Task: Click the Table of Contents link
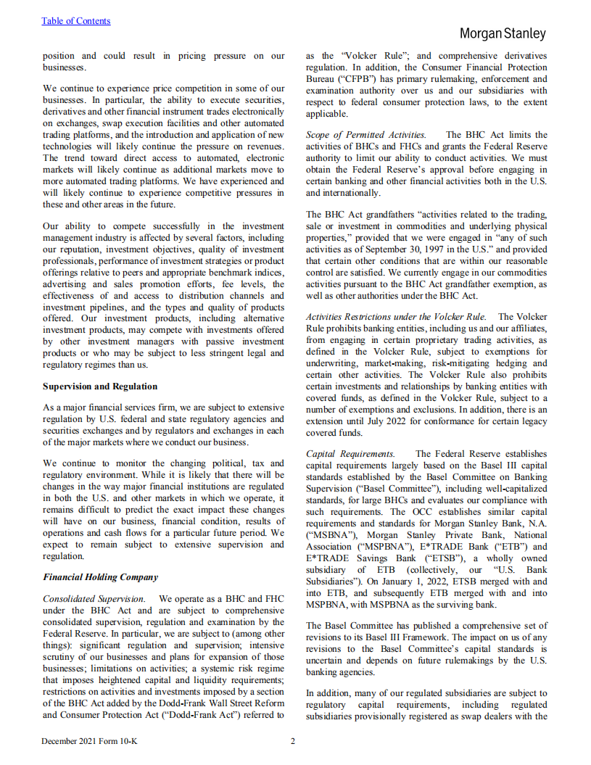tap(76, 21)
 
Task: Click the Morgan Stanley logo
tap(503, 34)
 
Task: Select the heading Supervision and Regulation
tap(100, 386)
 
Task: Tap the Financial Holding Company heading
tap(100, 577)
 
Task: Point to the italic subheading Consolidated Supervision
tap(94, 599)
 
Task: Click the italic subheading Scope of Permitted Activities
tap(365, 135)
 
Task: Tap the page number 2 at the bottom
tap(293, 741)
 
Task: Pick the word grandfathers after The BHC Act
tap(392, 215)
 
